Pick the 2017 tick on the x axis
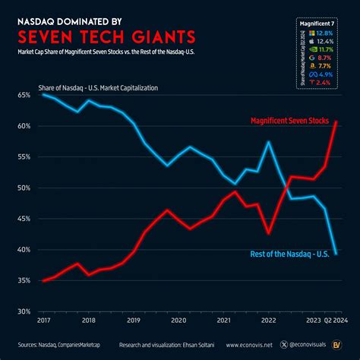[43, 321]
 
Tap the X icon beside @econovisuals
[284, 344]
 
